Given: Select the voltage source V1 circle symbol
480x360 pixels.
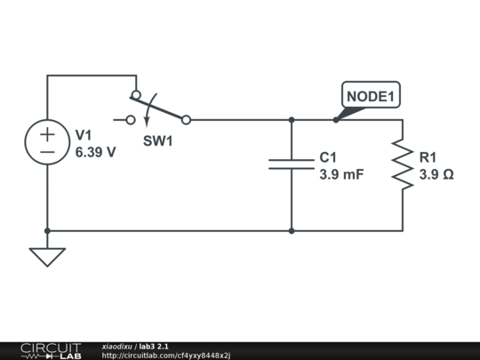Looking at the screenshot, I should [x=47, y=142].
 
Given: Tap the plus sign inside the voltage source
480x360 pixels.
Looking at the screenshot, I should [x=47, y=134].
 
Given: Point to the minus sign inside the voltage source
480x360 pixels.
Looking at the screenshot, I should [x=47, y=152].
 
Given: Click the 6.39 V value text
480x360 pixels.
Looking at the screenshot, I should [x=95, y=152].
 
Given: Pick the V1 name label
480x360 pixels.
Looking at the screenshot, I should [x=84, y=135].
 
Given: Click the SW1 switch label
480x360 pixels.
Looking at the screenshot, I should [x=157, y=140].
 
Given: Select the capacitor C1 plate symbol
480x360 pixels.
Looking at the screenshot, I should [x=292, y=164].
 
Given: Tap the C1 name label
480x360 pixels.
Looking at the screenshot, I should [x=328, y=157].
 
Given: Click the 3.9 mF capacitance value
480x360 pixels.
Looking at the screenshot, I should [x=341, y=174].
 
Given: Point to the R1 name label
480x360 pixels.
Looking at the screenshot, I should [x=428, y=157].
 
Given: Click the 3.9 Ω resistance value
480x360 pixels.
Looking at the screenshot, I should [x=436, y=174].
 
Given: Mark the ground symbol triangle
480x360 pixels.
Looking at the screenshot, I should [x=47, y=256].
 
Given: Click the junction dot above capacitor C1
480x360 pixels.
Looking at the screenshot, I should [x=292, y=119].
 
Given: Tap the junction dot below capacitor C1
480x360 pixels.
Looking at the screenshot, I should [x=292, y=231].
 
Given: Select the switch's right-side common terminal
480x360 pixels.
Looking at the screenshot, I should [x=186, y=119].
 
